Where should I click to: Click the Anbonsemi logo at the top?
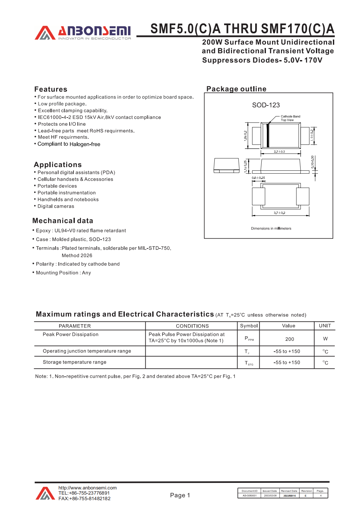point(83,33)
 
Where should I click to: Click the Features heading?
point(51,89)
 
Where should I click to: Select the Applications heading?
point(58,165)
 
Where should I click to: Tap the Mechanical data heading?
point(63,221)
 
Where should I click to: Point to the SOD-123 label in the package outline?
point(266,105)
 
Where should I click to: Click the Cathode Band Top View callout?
point(290,118)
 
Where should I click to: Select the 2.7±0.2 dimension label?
point(279,151)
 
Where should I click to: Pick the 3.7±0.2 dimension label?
point(279,213)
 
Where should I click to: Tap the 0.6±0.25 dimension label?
point(258,178)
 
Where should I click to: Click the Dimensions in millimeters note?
point(271,229)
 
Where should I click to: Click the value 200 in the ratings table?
point(289,339)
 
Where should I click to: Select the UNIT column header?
point(325,326)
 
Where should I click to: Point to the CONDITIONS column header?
point(192,326)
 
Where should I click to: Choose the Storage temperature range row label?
point(74,362)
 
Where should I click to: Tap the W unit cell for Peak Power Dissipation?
point(325,339)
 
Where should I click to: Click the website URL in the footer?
point(88,488)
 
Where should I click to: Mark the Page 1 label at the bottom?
point(180,495)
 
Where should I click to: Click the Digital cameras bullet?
point(56,206)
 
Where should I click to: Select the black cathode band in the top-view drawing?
point(268,135)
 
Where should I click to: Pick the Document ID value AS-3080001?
point(250,496)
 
